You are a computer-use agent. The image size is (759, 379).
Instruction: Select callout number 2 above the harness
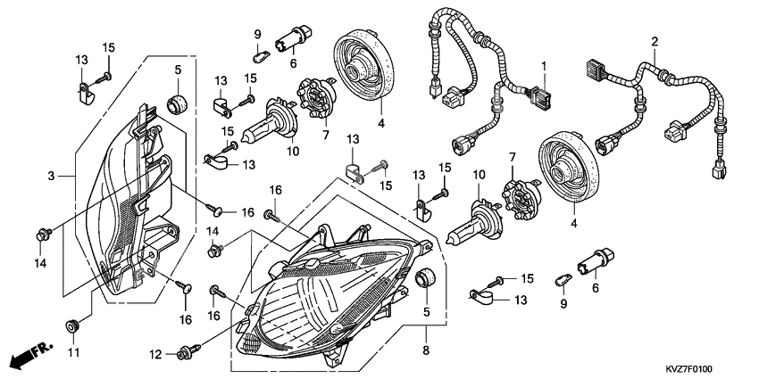(655, 42)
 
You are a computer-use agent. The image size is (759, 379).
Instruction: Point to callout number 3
(53, 176)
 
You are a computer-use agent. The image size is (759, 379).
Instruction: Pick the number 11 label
(74, 352)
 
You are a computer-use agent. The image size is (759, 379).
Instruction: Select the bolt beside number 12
(189, 352)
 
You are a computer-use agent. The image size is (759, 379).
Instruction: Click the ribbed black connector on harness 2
(594, 70)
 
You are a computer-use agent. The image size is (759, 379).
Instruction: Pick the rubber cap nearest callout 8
(427, 276)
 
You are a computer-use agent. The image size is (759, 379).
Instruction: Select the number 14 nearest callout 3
(40, 262)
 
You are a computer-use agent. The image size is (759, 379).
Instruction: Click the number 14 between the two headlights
(213, 231)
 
